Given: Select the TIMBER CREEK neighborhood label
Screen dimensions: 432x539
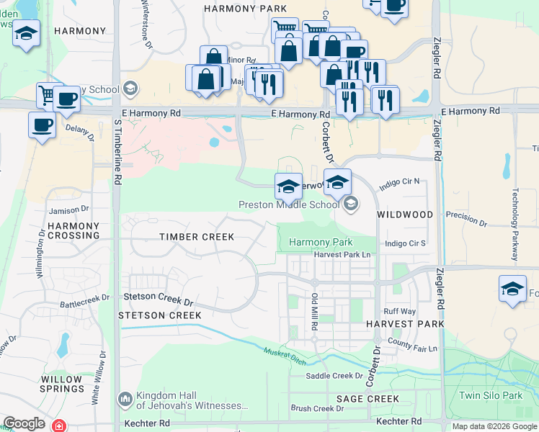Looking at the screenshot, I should pos(197,237).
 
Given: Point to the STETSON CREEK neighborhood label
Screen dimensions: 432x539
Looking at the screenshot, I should pos(160,315).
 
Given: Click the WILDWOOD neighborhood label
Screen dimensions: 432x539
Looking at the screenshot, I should pos(405,215).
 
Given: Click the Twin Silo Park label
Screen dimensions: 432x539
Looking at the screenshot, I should pos(490,395).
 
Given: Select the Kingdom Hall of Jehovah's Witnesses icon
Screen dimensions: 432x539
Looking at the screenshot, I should pos(125,398).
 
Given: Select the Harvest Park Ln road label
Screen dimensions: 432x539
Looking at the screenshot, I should pos(342,255).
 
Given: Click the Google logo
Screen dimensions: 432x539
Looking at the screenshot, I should pos(24,423).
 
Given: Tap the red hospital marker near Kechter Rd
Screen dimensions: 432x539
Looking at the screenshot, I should pos(58,426).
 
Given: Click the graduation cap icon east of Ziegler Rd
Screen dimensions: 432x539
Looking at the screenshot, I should pos(512,289).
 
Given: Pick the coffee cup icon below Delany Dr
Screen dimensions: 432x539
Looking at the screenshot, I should pos(42,125).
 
